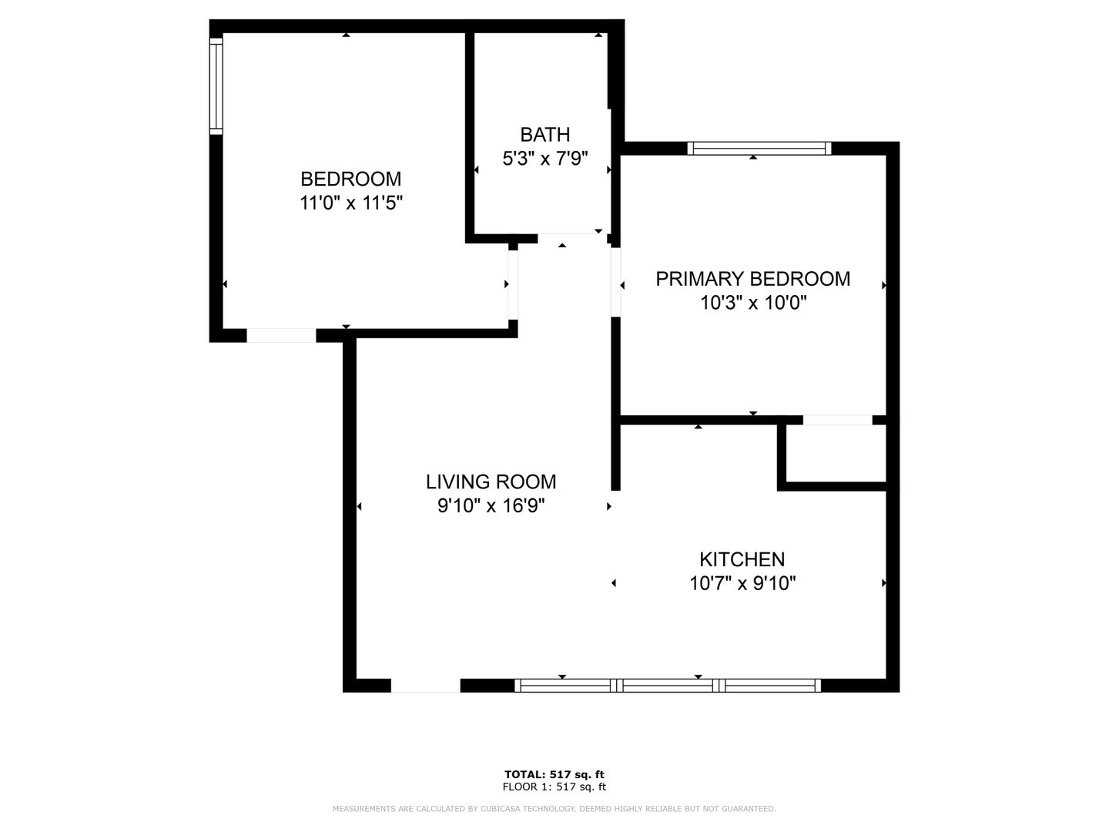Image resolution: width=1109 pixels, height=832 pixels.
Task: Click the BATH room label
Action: [544, 135]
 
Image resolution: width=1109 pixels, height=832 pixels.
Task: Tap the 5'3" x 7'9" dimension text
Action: [544, 159]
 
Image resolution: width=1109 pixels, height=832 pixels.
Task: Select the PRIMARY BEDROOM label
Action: [752, 279]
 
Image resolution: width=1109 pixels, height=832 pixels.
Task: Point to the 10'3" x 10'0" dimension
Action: [752, 303]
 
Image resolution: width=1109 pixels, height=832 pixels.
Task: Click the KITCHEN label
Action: [742, 560]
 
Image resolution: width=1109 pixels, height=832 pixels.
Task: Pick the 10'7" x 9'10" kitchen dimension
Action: [742, 584]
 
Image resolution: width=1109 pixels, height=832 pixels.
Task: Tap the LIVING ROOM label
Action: [491, 482]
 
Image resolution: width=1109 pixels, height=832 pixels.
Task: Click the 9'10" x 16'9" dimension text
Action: [491, 505]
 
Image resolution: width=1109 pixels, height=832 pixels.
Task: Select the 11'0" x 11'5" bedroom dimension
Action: [350, 203]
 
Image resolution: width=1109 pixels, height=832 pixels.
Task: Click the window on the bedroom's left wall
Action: [216, 86]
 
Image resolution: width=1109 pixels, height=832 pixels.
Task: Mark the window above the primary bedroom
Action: [759, 149]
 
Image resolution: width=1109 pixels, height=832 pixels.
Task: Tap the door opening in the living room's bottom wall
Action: [425, 686]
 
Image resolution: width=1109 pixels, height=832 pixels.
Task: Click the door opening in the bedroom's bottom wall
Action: [281, 335]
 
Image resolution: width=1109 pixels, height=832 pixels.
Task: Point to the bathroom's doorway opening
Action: [572, 239]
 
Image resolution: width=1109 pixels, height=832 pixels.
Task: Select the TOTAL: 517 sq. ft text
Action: [554, 774]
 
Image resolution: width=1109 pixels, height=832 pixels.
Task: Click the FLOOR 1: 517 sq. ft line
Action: [554, 787]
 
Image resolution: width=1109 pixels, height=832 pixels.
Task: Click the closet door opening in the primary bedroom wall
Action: [838, 421]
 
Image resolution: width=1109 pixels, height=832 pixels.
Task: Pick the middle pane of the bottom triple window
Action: [668, 686]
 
